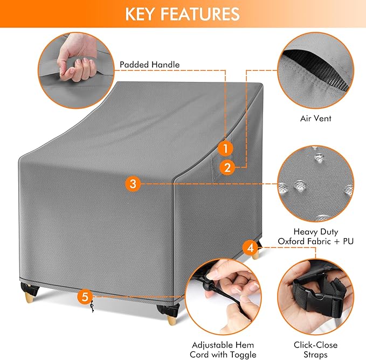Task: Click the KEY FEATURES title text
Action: tap(183, 14)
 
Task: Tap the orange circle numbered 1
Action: tap(226, 147)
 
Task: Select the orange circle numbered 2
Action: tap(228, 168)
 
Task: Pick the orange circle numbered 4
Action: tap(249, 248)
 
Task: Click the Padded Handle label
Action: tap(149, 65)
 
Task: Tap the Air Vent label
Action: tap(315, 118)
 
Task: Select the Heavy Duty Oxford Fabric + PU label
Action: tap(315, 236)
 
